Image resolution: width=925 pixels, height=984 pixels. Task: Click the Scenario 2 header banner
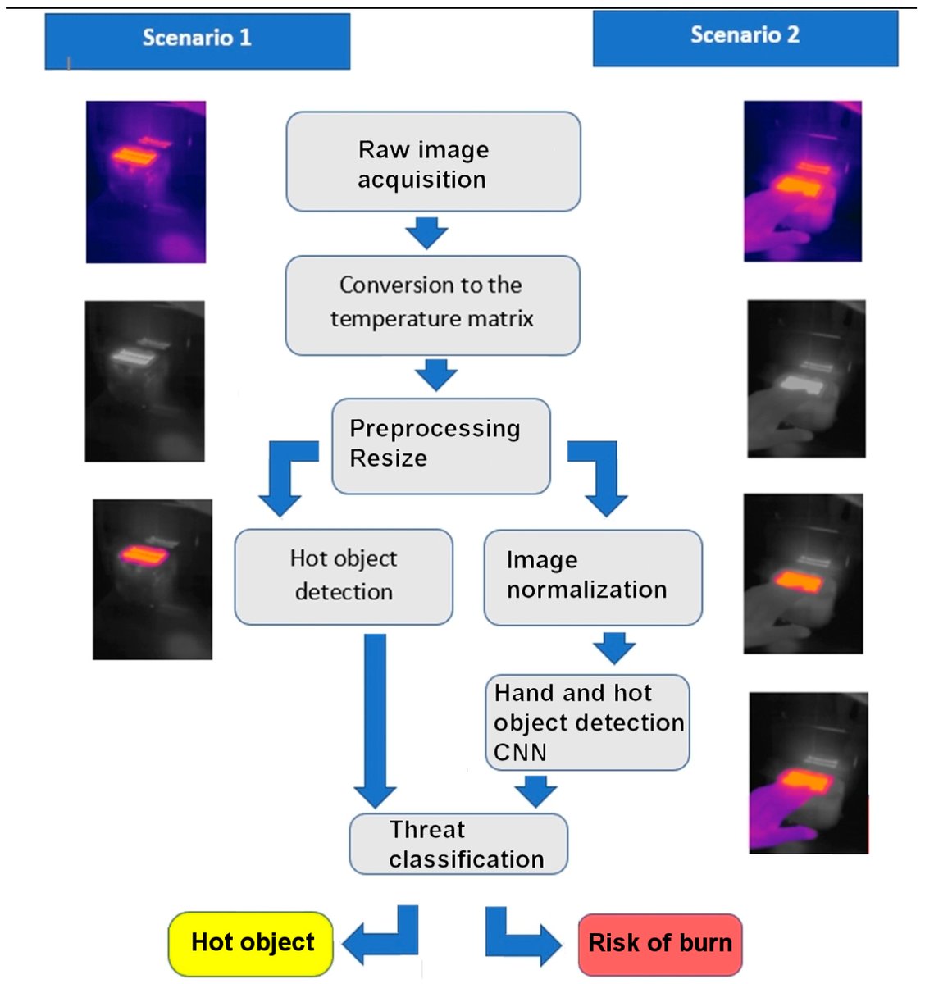pos(745,38)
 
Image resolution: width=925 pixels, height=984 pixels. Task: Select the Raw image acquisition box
pos(433,162)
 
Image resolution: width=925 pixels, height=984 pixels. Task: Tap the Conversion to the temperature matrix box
pos(432,305)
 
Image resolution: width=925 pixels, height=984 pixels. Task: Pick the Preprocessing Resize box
pos(440,445)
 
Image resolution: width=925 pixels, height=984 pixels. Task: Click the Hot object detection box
pos(343,576)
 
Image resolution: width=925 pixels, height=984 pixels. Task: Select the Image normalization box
pos(592,576)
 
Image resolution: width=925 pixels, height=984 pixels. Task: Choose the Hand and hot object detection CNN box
pos(587,722)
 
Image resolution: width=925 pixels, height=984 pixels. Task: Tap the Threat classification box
pos(458,844)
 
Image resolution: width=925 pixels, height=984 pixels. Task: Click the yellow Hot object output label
pos(252,943)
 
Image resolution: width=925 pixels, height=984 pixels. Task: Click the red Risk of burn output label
pos(659,944)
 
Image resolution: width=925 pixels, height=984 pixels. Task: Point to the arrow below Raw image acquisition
pos(426,232)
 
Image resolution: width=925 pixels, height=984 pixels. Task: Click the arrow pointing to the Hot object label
pos(381,939)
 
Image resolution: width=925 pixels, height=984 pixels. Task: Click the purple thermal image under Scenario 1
pos(146,182)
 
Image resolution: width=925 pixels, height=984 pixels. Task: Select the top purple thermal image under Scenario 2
pos(802,181)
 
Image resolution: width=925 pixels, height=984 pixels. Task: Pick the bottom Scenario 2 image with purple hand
pos(809,773)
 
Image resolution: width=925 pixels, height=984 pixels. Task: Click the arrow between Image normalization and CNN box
pos(614,648)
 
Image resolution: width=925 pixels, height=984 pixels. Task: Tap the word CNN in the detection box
pos(520,752)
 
